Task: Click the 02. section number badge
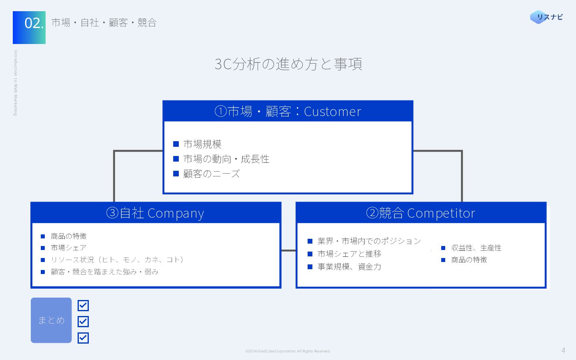(29, 27)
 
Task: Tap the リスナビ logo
(546, 17)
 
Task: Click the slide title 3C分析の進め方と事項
(288, 64)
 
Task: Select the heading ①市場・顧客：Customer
(288, 111)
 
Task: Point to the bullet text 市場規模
(202, 144)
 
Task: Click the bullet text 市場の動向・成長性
(226, 159)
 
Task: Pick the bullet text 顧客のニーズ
(211, 174)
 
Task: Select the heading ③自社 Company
(155, 213)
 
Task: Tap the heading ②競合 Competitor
(421, 213)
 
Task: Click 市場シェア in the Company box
(68, 248)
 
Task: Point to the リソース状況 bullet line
(117, 260)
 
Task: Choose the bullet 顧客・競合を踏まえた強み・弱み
(104, 272)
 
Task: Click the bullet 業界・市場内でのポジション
(369, 241)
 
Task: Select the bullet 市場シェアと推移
(349, 254)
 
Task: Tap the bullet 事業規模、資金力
(349, 267)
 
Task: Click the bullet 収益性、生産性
(476, 248)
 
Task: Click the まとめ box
(51, 320)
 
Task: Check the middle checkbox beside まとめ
(83, 322)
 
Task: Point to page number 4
(563, 350)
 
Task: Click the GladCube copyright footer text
(288, 351)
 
